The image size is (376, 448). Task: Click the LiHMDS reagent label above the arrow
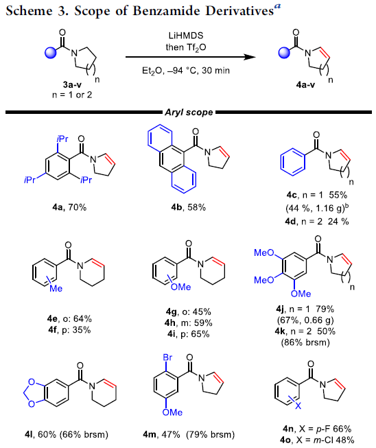pyautogui.click(x=186, y=36)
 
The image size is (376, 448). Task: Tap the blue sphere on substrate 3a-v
pyautogui.click(x=51, y=53)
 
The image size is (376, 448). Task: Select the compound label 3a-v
pyautogui.click(x=72, y=84)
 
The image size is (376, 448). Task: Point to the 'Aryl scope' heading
pyautogui.click(x=189, y=113)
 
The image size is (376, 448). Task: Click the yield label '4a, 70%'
pyautogui.click(x=69, y=207)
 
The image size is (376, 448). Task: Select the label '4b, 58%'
pyautogui.click(x=189, y=207)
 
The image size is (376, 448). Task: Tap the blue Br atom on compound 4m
pyautogui.click(x=167, y=357)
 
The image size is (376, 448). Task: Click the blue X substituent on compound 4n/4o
pyautogui.click(x=298, y=405)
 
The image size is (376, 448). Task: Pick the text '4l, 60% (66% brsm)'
pyautogui.click(x=67, y=434)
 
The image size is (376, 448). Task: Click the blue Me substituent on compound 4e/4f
pyautogui.click(x=56, y=289)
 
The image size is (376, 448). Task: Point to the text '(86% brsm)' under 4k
pyautogui.click(x=305, y=342)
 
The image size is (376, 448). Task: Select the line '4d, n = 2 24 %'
pyautogui.click(x=317, y=221)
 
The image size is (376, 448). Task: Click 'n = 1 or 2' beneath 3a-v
pyautogui.click(x=72, y=95)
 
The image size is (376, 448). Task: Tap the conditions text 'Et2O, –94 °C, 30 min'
pyautogui.click(x=186, y=70)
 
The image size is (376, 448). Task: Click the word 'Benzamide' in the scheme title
pyautogui.click(x=167, y=11)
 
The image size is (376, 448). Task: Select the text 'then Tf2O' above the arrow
pyautogui.click(x=186, y=47)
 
